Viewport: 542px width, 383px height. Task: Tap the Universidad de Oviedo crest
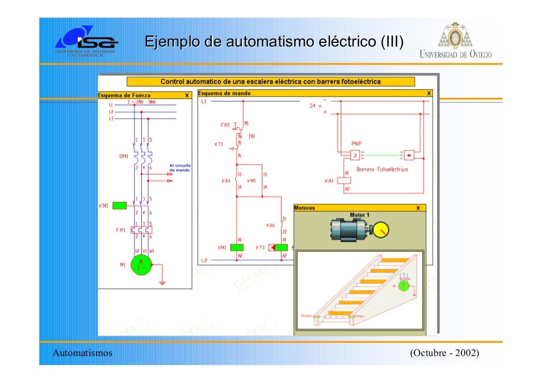point(455,37)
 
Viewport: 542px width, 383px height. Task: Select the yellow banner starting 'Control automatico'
point(270,82)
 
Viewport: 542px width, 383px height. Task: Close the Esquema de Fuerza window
point(186,96)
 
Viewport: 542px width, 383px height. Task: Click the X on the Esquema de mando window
point(429,93)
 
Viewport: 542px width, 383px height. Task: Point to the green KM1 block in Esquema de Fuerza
point(120,205)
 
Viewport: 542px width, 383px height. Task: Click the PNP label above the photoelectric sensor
point(356,143)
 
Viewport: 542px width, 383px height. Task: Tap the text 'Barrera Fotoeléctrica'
point(382,170)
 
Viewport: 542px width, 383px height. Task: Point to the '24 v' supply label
point(315,106)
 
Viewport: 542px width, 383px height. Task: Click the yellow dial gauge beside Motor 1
point(378,230)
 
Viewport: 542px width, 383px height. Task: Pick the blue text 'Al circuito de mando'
point(180,168)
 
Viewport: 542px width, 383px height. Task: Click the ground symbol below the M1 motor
point(162,282)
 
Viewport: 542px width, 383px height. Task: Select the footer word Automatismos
point(83,353)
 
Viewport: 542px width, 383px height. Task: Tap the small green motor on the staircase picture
point(403,286)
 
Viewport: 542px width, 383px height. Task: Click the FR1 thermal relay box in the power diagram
point(142,230)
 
